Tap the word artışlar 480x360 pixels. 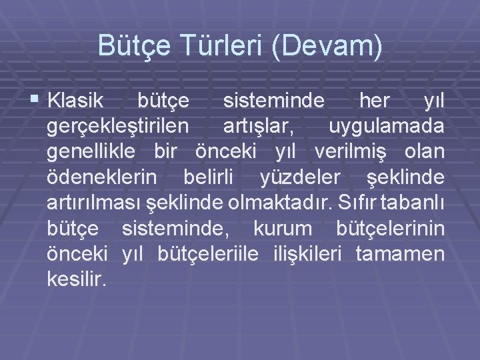click(x=257, y=127)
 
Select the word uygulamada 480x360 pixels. click(x=387, y=127)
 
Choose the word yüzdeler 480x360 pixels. click(x=294, y=177)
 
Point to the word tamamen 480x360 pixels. click(x=401, y=253)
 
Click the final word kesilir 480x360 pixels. click(x=77, y=279)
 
